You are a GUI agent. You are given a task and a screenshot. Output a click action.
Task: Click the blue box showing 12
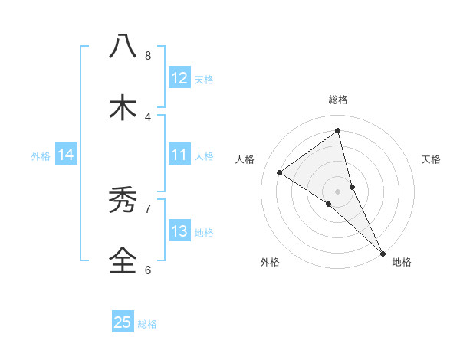179,78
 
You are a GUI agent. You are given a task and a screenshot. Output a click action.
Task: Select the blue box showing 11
179,155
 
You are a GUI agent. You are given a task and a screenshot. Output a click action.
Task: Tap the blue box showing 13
179,232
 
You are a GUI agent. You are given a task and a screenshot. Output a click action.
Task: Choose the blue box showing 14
66,155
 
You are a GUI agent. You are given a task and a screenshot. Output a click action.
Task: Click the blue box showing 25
123,322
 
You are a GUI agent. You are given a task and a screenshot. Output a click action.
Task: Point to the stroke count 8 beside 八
148,55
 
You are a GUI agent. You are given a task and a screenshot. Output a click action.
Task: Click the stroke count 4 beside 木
148,116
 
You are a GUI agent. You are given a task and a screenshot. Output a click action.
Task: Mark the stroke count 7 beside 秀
148,208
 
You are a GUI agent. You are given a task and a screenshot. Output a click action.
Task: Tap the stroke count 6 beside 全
148,270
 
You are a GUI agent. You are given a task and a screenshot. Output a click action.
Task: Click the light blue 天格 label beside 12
204,80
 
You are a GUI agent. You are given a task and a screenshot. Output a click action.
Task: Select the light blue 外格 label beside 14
41,156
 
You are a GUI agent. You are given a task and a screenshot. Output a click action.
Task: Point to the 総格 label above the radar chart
338,100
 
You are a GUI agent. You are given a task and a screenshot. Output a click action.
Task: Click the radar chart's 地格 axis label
402,262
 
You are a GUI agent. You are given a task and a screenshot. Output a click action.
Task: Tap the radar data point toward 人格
280,172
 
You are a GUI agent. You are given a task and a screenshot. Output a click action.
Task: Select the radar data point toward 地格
383,252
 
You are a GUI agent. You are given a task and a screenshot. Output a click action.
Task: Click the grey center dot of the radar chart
338,191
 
